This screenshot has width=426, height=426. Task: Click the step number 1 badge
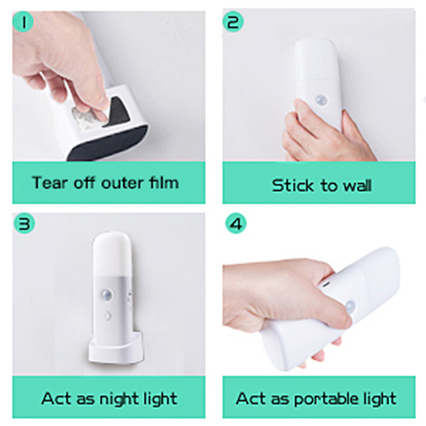pos(23,21)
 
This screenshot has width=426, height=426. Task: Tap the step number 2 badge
pos(233,21)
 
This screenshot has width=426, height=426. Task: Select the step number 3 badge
pos(24,224)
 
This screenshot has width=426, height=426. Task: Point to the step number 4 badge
pos(236,224)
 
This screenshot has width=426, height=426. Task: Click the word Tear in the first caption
pos(49,182)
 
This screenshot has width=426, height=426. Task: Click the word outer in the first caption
pos(122,183)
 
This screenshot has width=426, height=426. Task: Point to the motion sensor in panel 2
pos(322,100)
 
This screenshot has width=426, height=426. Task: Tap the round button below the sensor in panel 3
pos(108,316)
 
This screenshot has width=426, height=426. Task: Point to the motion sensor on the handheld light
pos(350,306)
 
